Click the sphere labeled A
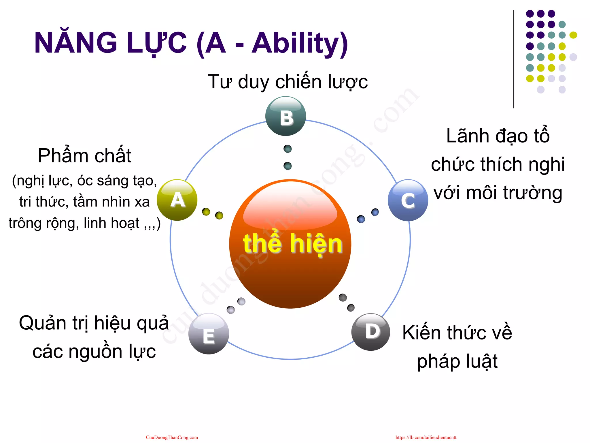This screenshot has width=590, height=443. (x=177, y=200)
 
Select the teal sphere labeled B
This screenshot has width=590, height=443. (x=285, y=116)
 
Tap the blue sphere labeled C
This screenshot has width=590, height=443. (x=408, y=200)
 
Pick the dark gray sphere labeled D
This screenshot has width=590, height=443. (x=371, y=332)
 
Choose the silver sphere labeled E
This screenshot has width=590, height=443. (x=209, y=334)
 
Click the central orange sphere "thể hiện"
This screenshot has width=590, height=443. (x=290, y=244)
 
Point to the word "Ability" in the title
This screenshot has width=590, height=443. (x=300, y=43)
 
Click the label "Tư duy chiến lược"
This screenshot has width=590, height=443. (x=288, y=82)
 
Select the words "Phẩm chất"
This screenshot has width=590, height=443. (x=84, y=156)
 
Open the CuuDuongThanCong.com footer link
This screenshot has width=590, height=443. (x=172, y=437)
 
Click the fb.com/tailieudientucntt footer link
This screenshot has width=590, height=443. (x=426, y=437)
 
